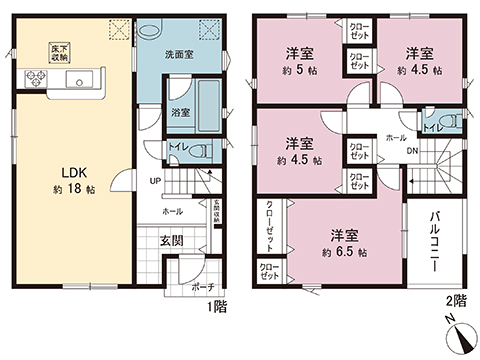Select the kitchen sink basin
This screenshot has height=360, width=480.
point(84,77)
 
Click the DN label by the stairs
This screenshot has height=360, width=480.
point(414,151)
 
